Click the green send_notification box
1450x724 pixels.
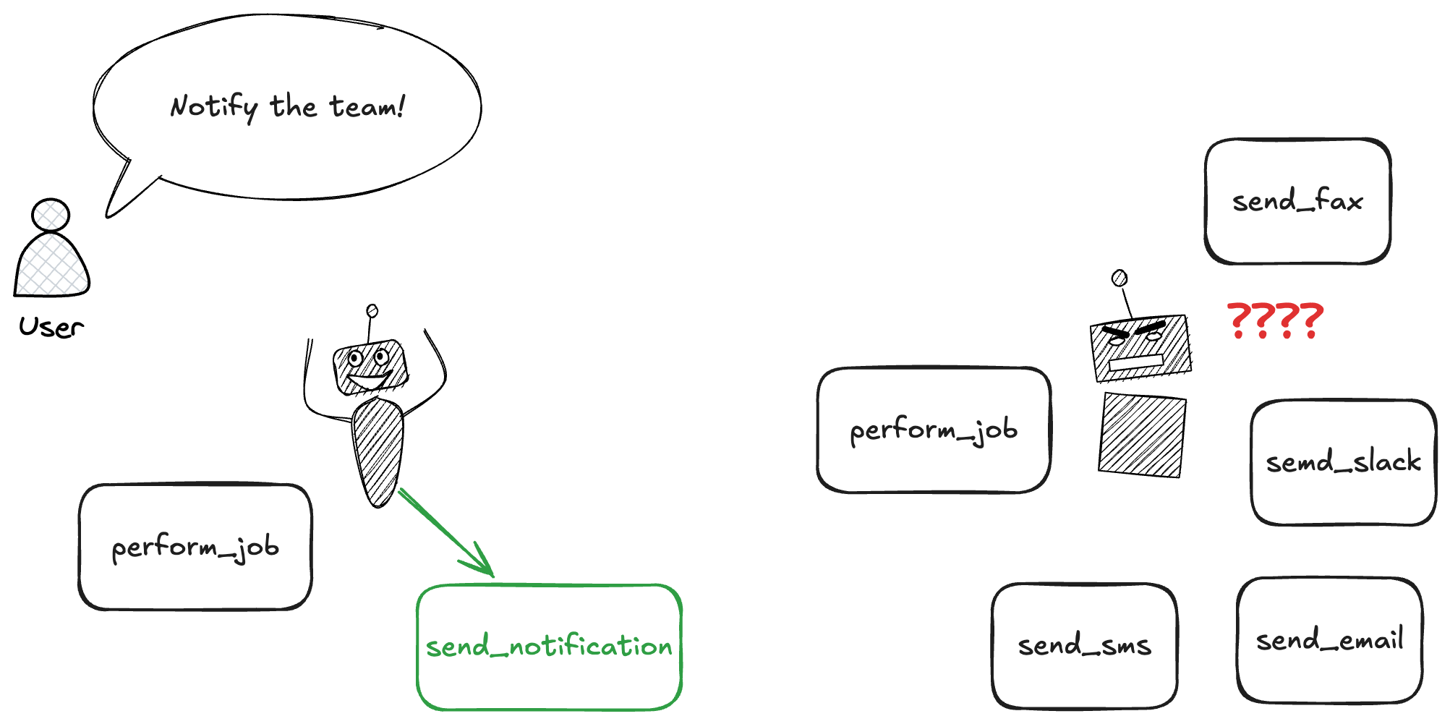(x=550, y=647)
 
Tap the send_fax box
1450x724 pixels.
(x=1297, y=201)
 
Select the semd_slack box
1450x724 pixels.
(x=1344, y=462)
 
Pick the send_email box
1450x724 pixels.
(x=1329, y=640)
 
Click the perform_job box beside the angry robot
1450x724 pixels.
(x=934, y=430)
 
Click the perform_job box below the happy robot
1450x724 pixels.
(x=195, y=547)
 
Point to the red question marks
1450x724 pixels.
(x=1275, y=321)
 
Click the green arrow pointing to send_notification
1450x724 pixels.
(x=445, y=532)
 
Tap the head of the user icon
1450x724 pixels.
(x=51, y=215)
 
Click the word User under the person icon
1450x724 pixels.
(x=51, y=327)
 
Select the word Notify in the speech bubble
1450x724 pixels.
(x=213, y=108)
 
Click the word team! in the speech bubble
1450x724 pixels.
(x=367, y=106)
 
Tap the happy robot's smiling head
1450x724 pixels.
(x=370, y=367)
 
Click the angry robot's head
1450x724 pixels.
(x=1140, y=348)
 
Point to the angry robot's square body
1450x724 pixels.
(x=1142, y=435)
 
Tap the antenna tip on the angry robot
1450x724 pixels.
(x=1120, y=278)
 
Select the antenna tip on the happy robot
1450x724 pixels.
(x=372, y=311)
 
